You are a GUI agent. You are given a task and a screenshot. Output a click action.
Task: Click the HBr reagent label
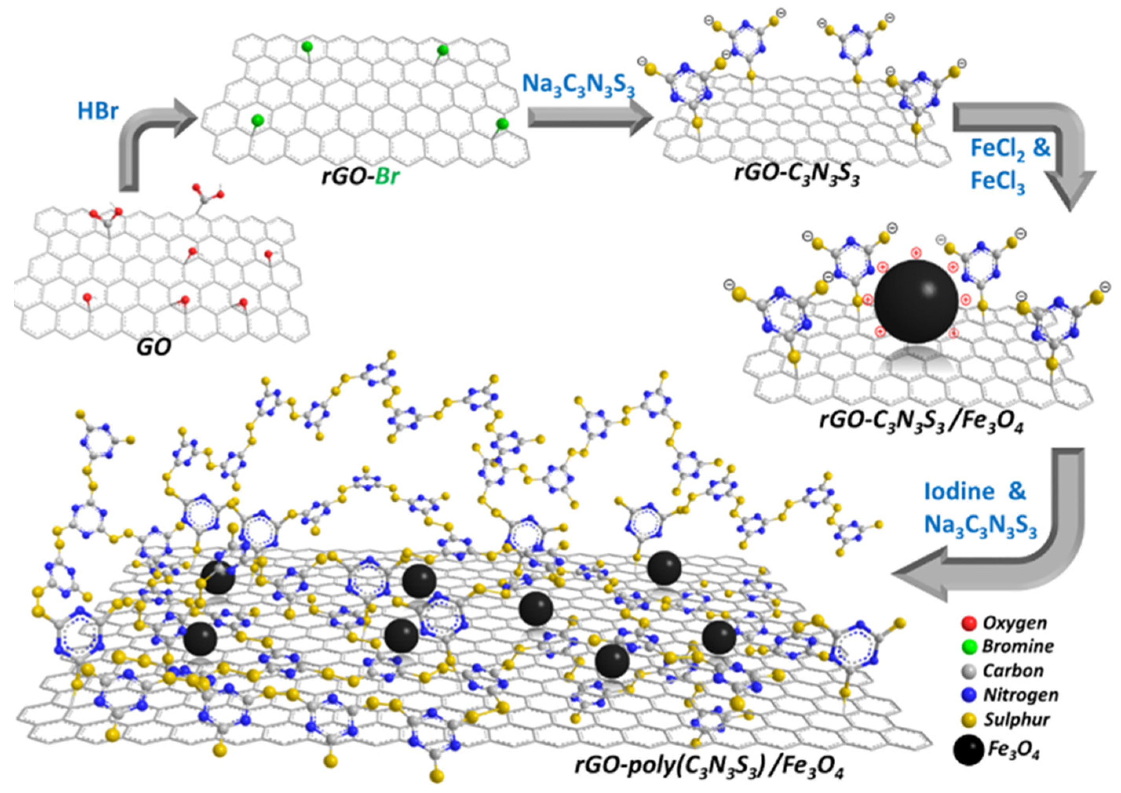pos(98,112)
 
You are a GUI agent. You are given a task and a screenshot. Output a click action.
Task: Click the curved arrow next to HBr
pos(146,142)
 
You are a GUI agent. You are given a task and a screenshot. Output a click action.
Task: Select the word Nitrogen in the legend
pos(1021,695)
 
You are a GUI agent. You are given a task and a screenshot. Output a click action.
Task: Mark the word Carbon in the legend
pos(1013,671)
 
